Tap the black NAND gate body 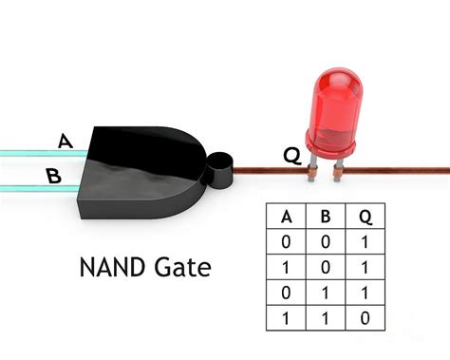[x=142, y=167]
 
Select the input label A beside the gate [x=65, y=142]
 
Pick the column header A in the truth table [x=286, y=218]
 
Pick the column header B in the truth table [x=325, y=218]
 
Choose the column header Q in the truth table [x=365, y=218]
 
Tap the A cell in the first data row [x=286, y=243]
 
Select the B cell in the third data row [x=325, y=294]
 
